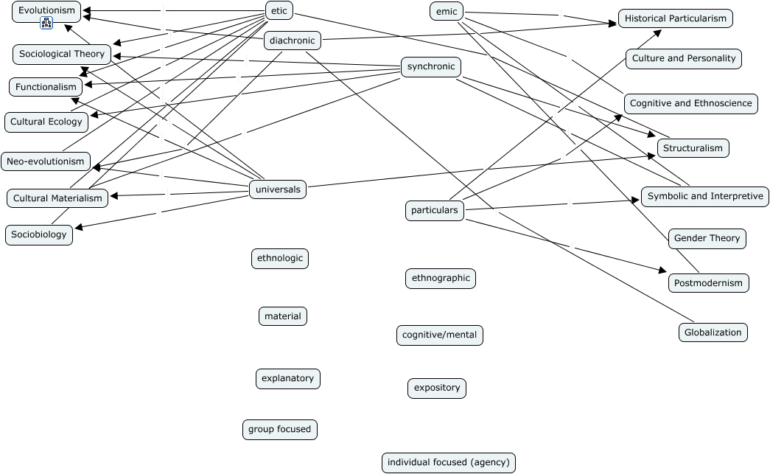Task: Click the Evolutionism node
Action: coord(46,12)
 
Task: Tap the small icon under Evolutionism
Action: coord(46,23)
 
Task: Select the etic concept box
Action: coord(279,10)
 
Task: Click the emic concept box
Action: coord(447,11)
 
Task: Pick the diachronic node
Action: coord(293,41)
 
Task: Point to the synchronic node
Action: coord(430,66)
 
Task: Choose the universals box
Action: coord(278,189)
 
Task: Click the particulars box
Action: coord(435,210)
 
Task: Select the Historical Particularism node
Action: coord(675,18)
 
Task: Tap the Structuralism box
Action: coord(693,148)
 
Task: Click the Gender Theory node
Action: coord(707,238)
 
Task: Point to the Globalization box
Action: coord(713,332)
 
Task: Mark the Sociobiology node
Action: coord(39,234)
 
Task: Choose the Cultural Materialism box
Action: coord(57,198)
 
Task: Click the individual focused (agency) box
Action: coord(448,462)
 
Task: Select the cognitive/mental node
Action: coord(439,335)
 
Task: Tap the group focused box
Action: coord(279,429)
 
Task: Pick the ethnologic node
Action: coord(280,258)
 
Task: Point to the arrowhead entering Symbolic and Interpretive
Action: coord(636,200)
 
